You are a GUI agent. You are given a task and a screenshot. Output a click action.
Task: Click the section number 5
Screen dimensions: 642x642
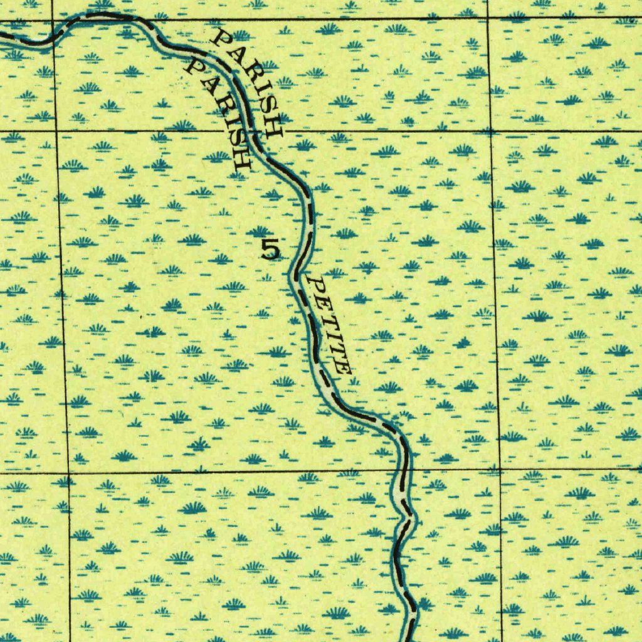pyautogui.click(x=270, y=250)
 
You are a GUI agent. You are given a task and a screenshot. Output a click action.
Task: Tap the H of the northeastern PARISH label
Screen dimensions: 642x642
pyautogui.click(x=274, y=128)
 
